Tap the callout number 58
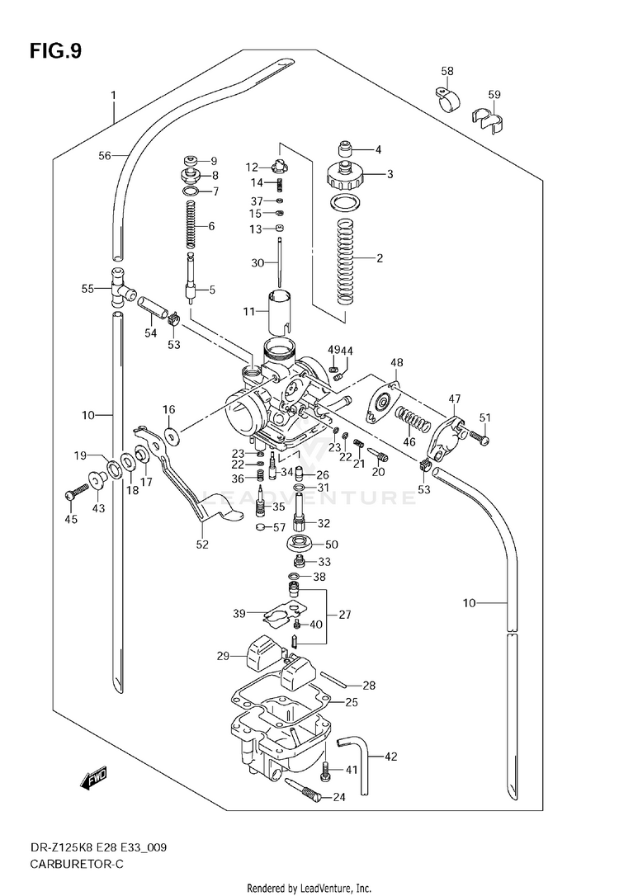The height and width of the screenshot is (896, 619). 447,72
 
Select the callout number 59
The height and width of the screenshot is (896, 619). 494,94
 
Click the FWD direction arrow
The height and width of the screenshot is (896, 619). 92,777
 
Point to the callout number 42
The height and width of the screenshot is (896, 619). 390,756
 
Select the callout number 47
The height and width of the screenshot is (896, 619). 455,398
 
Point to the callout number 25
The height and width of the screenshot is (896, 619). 351,702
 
